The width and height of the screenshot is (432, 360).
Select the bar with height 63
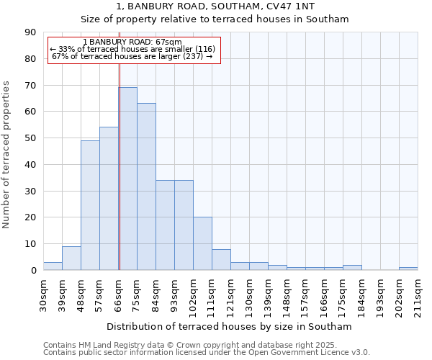point(146,186)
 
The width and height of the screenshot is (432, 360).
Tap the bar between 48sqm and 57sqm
point(90,205)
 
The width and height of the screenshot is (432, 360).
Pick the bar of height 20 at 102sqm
point(202,243)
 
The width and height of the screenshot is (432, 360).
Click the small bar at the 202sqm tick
point(408,269)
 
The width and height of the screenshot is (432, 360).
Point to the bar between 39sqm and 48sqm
point(71,258)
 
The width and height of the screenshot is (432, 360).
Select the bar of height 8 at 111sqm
point(221,259)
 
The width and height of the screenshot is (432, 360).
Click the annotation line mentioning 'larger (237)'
point(132,56)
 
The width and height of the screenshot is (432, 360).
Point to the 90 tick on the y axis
point(30,32)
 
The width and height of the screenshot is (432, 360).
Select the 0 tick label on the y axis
point(33,270)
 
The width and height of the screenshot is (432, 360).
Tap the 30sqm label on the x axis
point(44,293)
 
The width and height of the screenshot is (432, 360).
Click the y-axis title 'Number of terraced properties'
point(6,155)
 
